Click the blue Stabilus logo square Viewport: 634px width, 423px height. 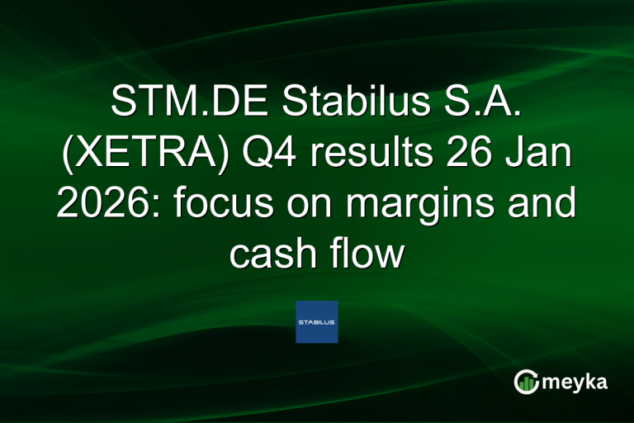pos(317,321)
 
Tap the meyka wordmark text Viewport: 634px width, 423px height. pos(576,383)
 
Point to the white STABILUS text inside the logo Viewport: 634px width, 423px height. pos(317,322)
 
